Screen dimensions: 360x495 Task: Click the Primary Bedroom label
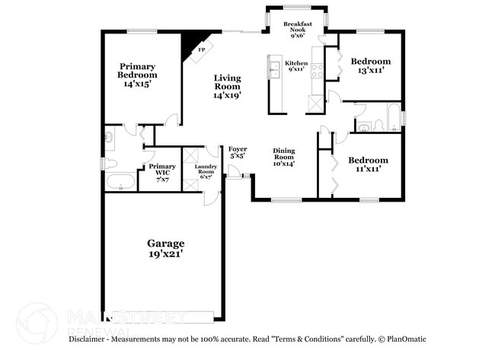click(137, 75)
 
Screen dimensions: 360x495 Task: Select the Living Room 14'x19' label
click(227, 87)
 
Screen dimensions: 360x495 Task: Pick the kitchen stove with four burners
click(315, 69)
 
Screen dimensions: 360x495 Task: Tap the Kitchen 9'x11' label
click(297, 66)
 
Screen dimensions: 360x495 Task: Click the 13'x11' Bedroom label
click(370, 65)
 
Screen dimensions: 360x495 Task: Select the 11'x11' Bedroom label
click(368, 164)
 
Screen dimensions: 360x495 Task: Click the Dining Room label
click(284, 156)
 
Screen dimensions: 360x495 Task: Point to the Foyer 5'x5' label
click(238, 152)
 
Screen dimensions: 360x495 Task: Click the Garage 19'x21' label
click(165, 249)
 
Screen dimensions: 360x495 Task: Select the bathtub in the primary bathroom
click(120, 182)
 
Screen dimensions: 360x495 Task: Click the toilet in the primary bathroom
click(109, 163)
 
